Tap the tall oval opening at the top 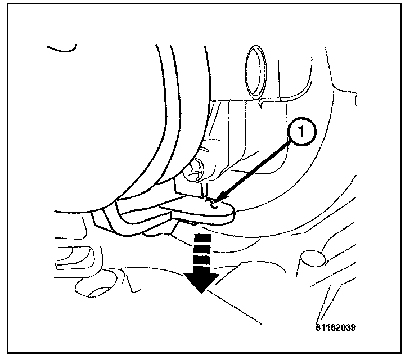click(255, 70)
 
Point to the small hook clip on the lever click(212, 202)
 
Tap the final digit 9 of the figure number click(354, 327)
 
